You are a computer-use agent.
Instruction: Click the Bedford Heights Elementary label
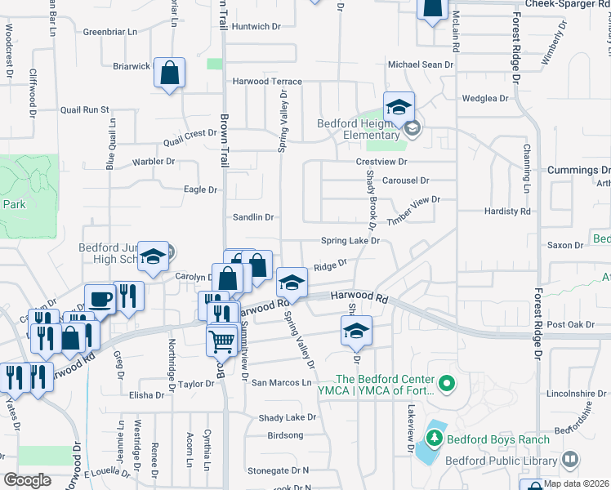pos(359,130)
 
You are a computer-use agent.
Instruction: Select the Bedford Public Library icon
pos(569,461)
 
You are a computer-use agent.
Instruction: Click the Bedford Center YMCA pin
pos(446,382)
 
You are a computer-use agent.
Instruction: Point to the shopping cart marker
pos(221,341)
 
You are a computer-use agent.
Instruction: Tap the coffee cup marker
pos(100,299)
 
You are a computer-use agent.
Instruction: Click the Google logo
pos(28,479)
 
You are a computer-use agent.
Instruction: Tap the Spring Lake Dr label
pos(350,241)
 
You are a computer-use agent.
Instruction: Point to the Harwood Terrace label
pos(267,82)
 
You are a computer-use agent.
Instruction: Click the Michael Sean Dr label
pos(420,65)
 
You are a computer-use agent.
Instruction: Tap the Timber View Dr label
pos(413,205)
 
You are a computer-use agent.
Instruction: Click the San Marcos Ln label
pos(282,382)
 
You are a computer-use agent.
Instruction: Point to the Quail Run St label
pos(84,109)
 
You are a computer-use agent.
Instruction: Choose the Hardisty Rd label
pos(506,212)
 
